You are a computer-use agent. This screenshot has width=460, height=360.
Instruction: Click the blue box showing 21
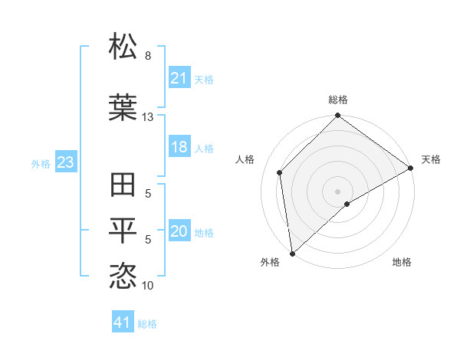point(179,78)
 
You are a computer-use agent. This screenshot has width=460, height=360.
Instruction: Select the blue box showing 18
point(179,147)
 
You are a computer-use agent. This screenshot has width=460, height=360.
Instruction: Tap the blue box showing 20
point(179,231)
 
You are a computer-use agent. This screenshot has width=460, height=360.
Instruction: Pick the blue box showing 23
point(65,162)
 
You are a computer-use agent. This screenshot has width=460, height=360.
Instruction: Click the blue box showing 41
point(123,322)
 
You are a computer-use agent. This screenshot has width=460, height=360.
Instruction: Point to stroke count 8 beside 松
point(148,56)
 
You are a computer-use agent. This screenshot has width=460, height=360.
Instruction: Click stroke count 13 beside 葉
point(147,117)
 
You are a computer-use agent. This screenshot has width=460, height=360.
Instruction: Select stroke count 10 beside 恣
point(147,286)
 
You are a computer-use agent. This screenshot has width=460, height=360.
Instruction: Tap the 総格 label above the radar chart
point(338,100)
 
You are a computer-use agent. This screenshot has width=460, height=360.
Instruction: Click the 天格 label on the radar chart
point(431,159)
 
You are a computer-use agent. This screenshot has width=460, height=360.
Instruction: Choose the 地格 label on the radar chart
point(402,262)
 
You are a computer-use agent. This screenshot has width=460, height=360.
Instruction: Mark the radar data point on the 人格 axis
point(280,172)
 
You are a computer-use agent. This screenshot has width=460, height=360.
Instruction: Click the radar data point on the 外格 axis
point(292,253)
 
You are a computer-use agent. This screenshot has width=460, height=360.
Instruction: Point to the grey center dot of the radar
point(337,190)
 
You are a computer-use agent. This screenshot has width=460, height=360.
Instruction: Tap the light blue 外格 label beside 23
point(41,163)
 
